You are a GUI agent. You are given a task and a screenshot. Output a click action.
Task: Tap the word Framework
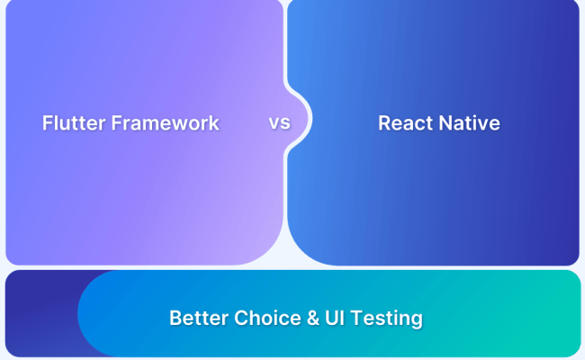[x=165, y=123]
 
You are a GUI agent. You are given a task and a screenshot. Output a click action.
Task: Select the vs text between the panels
[x=279, y=122]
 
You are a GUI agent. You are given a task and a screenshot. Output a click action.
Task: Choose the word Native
[x=470, y=123]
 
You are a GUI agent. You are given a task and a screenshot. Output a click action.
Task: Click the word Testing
[x=385, y=319]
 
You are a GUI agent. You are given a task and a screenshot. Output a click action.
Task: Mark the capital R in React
[x=384, y=123]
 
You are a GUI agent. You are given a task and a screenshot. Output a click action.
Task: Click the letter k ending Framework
[x=214, y=123]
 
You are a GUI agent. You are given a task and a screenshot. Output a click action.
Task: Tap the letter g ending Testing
[x=416, y=320]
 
